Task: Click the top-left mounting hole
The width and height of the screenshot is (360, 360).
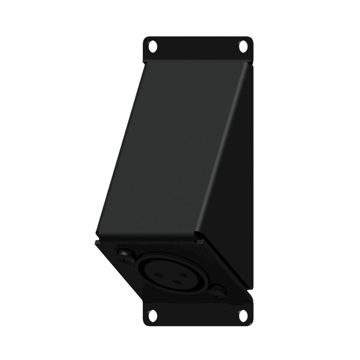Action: pyautogui.click(x=152, y=46)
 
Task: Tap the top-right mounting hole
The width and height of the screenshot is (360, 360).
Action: pyautogui.click(x=244, y=46)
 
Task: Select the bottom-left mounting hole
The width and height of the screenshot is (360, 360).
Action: pyautogui.click(x=152, y=314)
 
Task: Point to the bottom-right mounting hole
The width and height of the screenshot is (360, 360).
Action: pyautogui.click(x=244, y=314)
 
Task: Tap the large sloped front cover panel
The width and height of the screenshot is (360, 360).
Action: pyautogui.click(x=174, y=150)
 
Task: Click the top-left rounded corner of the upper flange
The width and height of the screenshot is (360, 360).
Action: pyautogui.click(x=145, y=39)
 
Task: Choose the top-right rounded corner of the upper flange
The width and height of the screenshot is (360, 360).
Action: pyautogui.click(x=251, y=39)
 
